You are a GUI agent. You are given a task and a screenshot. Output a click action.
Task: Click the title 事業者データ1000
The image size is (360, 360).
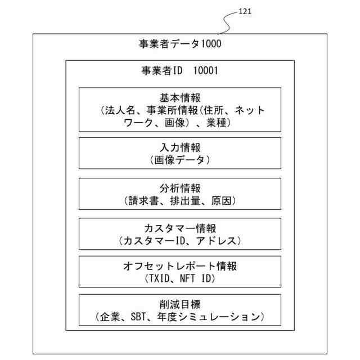point(179,44)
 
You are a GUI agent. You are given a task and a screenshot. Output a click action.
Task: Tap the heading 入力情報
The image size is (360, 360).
point(179,148)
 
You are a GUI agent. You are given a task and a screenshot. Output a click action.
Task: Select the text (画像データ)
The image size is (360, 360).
point(179,160)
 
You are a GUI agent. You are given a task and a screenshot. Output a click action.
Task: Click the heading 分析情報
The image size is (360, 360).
point(179,188)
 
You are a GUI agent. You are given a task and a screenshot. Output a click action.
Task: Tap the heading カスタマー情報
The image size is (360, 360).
point(179,228)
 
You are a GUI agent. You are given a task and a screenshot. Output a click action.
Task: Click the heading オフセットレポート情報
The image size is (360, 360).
point(179,265)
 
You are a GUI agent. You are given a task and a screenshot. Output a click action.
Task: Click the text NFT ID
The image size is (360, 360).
point(195,278)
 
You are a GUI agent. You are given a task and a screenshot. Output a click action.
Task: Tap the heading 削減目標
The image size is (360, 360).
point(179,304)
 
